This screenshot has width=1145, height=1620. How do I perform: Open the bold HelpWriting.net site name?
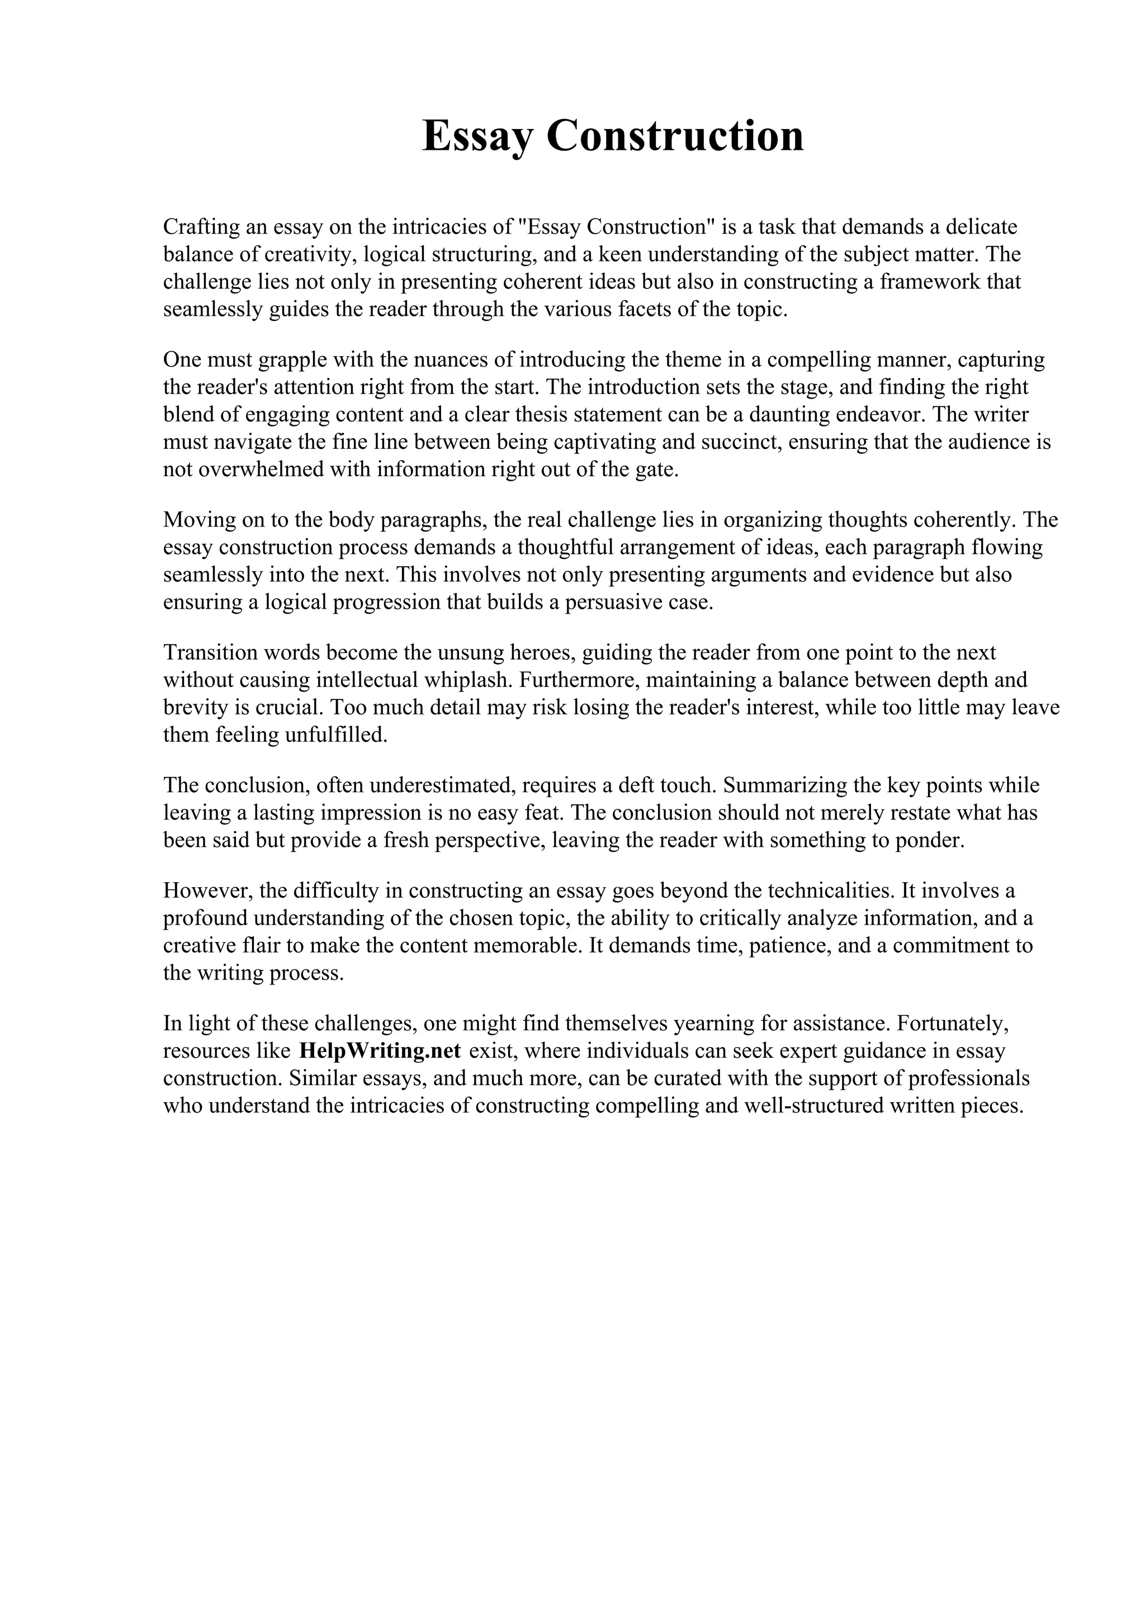(x=380, y=1050)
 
